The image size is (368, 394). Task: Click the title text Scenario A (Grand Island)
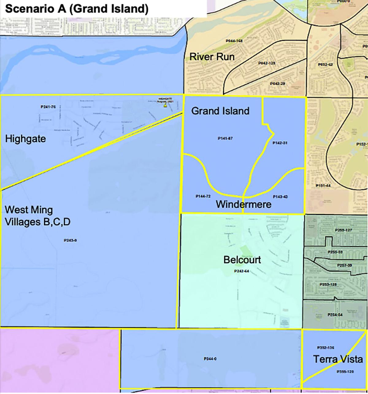point(77,9)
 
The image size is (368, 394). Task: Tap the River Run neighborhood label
point(212,57)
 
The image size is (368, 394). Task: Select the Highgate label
point(25,139)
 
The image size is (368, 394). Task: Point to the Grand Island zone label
point(220,111)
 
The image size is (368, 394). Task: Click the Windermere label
point(243,204)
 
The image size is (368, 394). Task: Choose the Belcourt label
point(242,260)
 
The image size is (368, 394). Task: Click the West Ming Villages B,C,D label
point(37,216)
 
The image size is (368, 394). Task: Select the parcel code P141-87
point(225,139)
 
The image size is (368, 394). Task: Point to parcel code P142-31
point(280,143)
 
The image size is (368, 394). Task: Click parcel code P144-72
point(203,196)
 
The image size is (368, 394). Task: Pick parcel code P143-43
point(280,197)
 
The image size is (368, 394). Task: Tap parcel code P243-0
point(70,240)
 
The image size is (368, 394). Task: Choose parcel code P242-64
point(241,271)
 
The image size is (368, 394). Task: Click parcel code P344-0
point(210,359)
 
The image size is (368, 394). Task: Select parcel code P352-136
point(325,348)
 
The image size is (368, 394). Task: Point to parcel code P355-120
point(345,372)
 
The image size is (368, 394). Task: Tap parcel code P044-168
point(234,41)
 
